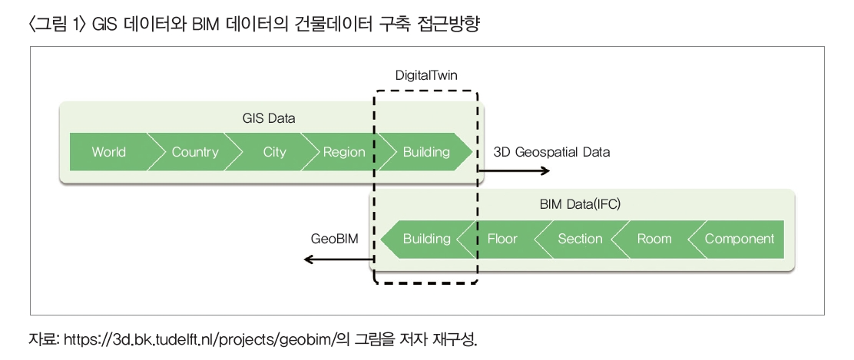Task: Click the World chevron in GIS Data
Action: pyautogui.click(x=108, y=152)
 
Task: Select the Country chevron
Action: pyautogui.click(x=195, y=152)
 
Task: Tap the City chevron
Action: pyautogui.click(x=274, y=152)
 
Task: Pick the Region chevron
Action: pyautogui.click(x=343, y=152)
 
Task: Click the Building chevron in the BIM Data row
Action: pyautogui.click(x=426, y=239)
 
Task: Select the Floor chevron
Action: pyautogui.click(x=502, y=239)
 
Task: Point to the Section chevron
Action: pyautogui.click(x=580, y=239)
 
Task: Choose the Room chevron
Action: pyautogui.click(x=654, y=239)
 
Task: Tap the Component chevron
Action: pyautogui.click(x=739, y=239)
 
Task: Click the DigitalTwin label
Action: pyautogui.click(x=426, y=76)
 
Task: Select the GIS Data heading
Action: pyautogui.click(x=268, y=119)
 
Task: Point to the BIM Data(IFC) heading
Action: pyautogui.click(x=581, y=205)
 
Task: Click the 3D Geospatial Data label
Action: pyautogui.click(x=551, y=152)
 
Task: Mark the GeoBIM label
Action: pyautogui.click(x=335, y=239)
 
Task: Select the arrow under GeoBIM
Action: pyautogui.click(x=339, y=259)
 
